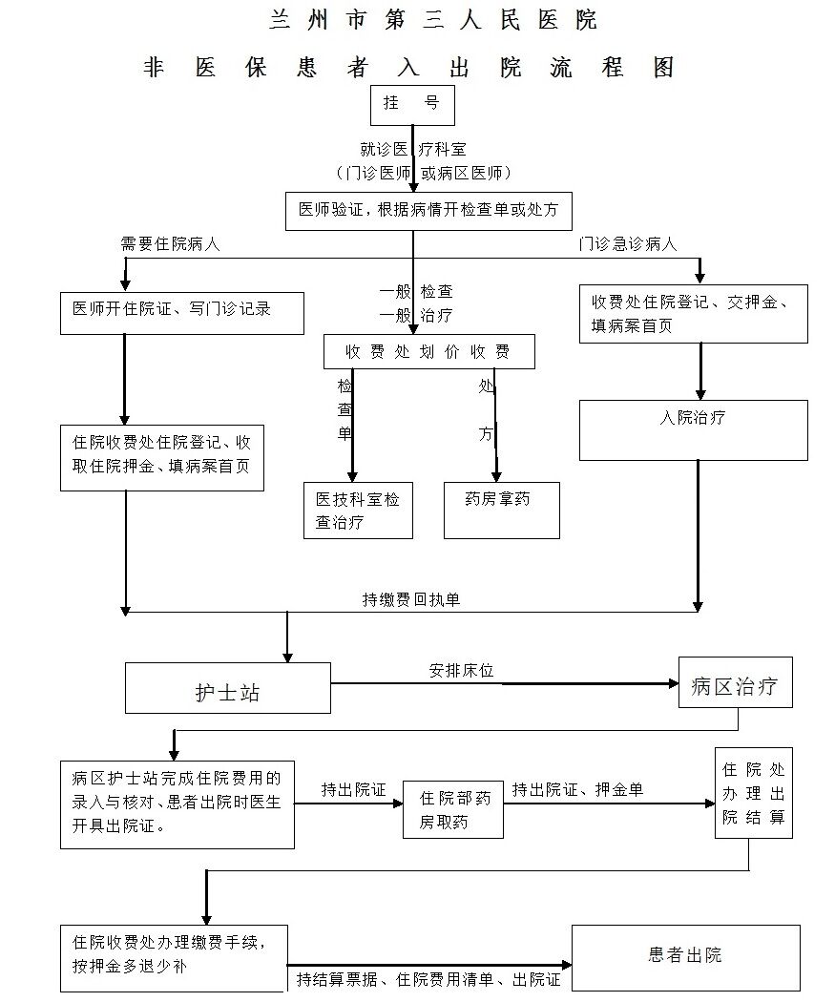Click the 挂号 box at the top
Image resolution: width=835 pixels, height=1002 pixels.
pos(412,105)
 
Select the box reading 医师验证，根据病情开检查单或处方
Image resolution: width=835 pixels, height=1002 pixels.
pos(428,211)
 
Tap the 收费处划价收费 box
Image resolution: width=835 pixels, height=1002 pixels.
pos(428,352)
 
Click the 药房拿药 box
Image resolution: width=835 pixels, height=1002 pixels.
pos(501,510)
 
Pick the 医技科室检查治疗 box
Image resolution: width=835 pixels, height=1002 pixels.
pos(358,511)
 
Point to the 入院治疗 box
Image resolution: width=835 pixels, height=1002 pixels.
pos(693,429)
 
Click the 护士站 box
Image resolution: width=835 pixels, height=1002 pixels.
pos(227,688)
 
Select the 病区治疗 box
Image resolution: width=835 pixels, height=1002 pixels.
pos(735,682)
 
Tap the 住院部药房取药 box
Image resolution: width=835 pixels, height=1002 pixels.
pos(453,809)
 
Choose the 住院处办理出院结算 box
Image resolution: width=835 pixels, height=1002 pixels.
pos(753,793)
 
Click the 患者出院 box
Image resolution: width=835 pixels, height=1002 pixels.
pos(685,957)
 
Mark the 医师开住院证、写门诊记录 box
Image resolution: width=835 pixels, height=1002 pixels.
pos(181,312)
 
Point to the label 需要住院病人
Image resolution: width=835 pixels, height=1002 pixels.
pos(170,244)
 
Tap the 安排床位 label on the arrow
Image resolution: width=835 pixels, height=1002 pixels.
pos(461,671)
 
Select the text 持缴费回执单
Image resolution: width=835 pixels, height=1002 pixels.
pos(411,599)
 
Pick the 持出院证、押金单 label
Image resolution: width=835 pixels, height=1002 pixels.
pos(577,790)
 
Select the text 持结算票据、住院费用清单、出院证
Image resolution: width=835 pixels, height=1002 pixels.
pos(428,979)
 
